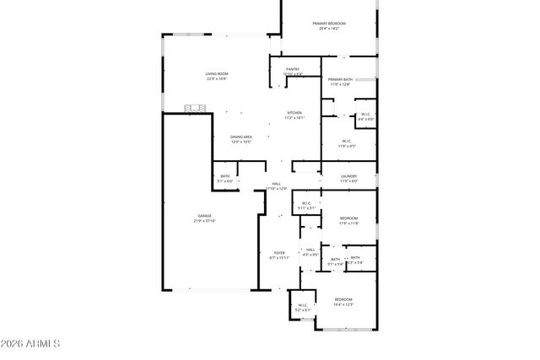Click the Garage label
tap(205, 216)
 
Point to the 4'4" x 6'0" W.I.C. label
tap(365, 116)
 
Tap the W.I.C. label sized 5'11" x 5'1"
tap(306, 205)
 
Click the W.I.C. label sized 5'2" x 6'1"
tap(303, 308)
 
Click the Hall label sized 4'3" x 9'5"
tap(310, 251)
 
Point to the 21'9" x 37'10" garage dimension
tap(205, 221)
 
